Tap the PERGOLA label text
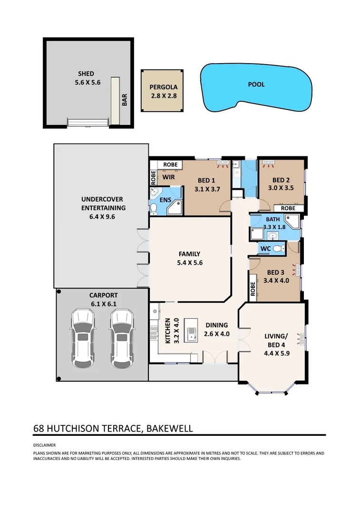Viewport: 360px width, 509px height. [164, 87]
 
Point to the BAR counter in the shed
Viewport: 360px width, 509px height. [115, 100]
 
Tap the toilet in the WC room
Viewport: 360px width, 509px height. [277, 248]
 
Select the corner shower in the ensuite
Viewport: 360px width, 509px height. [175, 207]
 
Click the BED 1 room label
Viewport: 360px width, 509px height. [206, 180]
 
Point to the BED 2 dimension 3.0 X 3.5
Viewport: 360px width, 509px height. [281, 188]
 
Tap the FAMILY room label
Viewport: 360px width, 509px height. [189, 254]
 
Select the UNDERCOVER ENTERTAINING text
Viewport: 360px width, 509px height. [103, 203]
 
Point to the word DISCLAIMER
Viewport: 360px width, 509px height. [44, 445]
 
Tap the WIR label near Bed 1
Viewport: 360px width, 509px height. [168, 177]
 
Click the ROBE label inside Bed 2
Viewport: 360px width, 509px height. [288, 208]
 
